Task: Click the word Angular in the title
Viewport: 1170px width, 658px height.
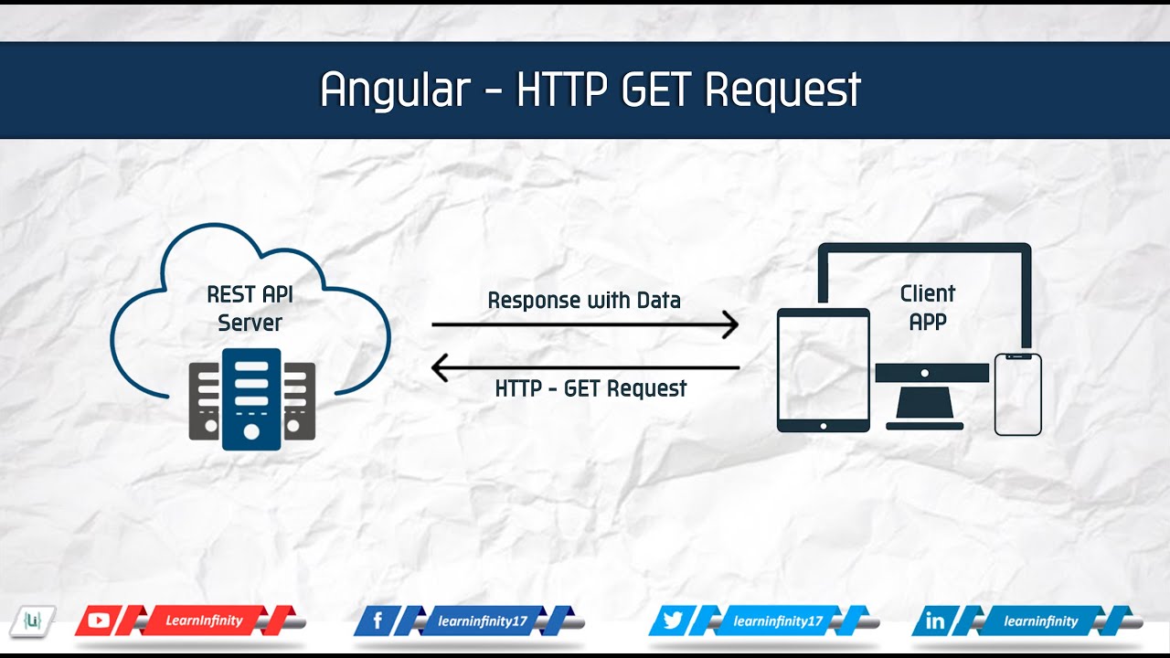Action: pos(395,90)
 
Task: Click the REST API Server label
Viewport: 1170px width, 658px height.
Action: pos(250,309)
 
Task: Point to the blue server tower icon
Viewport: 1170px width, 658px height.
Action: pos(251,398)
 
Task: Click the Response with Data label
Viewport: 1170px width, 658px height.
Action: pos(584,300)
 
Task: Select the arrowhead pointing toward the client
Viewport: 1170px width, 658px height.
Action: pos(729,324)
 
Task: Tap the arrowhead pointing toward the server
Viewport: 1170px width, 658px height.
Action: pos(440,368)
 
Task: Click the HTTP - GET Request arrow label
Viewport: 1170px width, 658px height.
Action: pos(590,388)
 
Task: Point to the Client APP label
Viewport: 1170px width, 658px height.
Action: pos(927,307)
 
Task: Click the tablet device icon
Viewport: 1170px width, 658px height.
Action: pos(823,369)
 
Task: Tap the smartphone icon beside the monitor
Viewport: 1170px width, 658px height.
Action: pos(1017,394)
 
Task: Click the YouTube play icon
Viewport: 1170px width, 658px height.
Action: pos(99,621)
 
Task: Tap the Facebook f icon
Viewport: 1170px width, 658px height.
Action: pos(378,621)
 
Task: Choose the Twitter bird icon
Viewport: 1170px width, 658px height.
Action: pos(673,621)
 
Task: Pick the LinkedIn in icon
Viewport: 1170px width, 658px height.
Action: pos(935,621)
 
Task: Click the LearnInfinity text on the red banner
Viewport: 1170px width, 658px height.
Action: pos(204,621)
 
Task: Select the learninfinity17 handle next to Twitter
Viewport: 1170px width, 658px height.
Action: pos(778,621)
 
